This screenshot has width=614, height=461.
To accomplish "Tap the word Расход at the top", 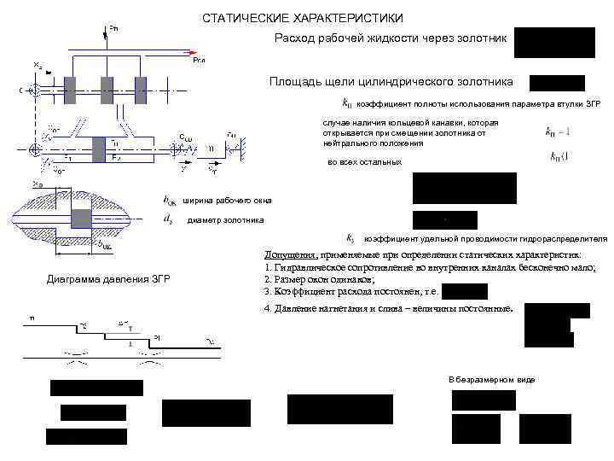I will (x=294, y=38).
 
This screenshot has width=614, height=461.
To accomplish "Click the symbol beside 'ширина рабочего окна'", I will (x=170, y=201).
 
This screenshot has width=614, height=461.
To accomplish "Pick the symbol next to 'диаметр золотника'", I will (x=169, y=220).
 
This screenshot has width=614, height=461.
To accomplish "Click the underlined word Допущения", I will (x=289, y=254).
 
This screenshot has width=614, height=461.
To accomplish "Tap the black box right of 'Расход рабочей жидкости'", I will (x=554, y=43).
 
